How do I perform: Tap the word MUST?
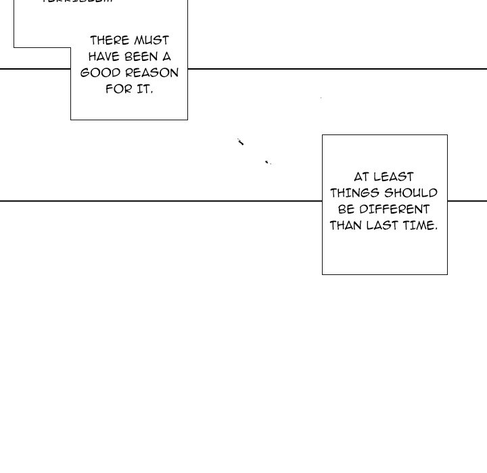click(x=152, y=41)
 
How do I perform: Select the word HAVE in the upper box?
click(x=104, y=57)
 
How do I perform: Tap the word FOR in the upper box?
click(x=118, y=89)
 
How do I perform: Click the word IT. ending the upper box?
click(x=145, y=89)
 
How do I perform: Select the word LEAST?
click(x=394, y=177)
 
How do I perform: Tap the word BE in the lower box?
click(x=346, y=209)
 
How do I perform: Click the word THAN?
click(x=346, y=226)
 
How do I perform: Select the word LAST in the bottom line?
click(x=382, y=226)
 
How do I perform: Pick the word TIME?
click(x=421, y=226)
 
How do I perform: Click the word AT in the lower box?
click(x=362, y=177)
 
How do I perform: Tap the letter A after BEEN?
click(x=166, y=57)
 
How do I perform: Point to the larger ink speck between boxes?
click(x=240, y=142)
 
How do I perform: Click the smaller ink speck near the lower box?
click(x=267, y=161)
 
